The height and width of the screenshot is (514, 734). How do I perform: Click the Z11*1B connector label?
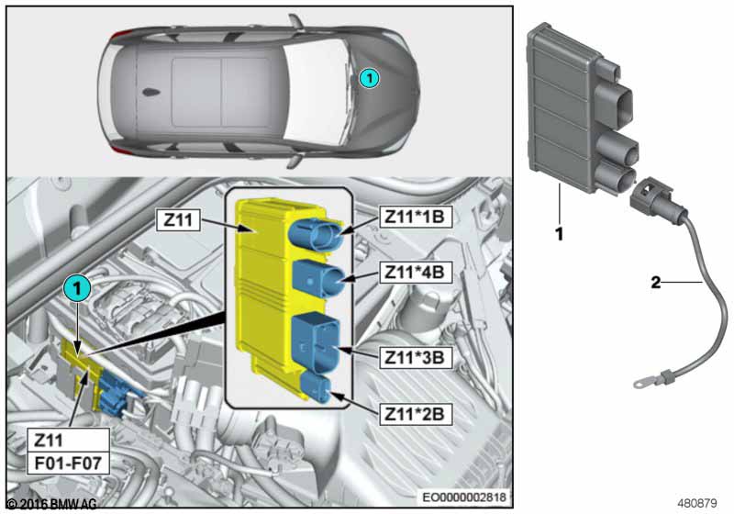coord(416,217)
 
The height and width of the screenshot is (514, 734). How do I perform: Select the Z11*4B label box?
coord(416,272)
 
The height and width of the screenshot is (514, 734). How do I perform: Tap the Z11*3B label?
coord(416,358)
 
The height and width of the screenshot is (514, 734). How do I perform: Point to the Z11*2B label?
coord(416,414)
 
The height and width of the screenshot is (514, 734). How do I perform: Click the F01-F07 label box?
coord(68,463)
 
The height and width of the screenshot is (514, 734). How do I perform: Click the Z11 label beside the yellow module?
coord(178,219)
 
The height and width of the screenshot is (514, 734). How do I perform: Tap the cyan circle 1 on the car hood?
coord(370,78)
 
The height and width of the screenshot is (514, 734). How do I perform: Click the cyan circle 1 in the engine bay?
coord(77,288)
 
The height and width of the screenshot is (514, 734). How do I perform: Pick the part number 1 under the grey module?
coord(559,233)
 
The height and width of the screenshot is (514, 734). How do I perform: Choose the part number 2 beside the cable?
coord(656,282)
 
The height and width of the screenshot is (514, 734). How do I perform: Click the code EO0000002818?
coord(464,497)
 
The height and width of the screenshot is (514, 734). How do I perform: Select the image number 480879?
coord(697,503)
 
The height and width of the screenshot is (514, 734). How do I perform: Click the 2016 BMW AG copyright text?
coord(52,504)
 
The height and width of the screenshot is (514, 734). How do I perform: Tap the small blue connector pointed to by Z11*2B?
coord(317,386)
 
